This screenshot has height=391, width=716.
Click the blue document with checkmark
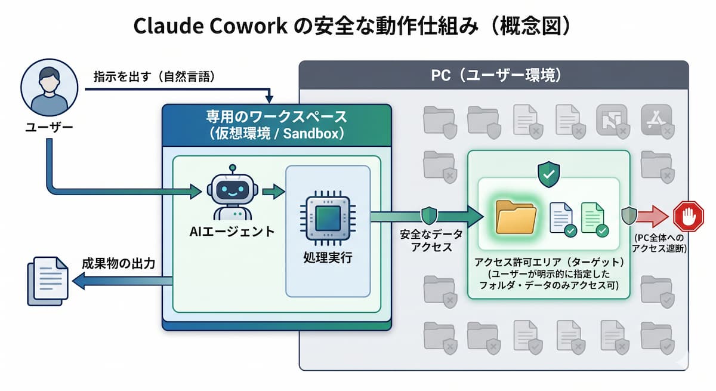561,218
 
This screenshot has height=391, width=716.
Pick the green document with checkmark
594,218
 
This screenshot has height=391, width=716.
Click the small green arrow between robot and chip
273,192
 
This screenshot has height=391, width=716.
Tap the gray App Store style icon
656,119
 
